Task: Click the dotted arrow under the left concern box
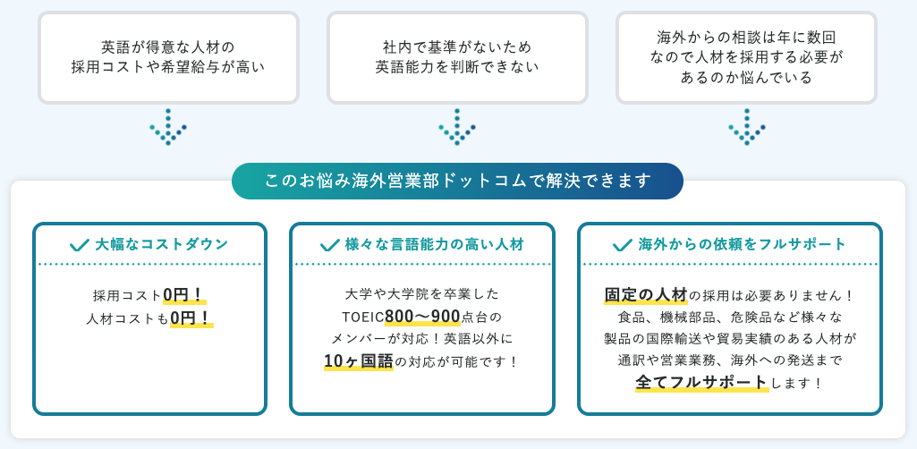click(x=167, y=127)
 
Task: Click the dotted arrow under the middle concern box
click(x=456, y=127)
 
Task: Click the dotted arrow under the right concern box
click(x=746, y=127)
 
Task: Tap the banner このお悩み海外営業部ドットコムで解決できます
click(x=457, y=181)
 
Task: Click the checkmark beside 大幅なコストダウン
click(x=80, y=244)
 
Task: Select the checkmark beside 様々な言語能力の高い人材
click(x=329, y=244)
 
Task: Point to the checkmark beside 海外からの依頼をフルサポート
click(x=623, y=244)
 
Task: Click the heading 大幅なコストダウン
click(x=162, y=244)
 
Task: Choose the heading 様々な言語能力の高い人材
click(x=434, y=244)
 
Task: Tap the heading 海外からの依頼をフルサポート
click(x=743, y=244)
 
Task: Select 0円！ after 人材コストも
click(x=191, y=318)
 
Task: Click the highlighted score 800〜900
click(x=422, y=317)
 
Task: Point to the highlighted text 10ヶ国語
click(x=359, y=361)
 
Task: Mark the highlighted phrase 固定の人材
click(x=646, y=295)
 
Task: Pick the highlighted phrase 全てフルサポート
click(x=701, y=383)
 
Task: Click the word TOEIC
click(x=362, y=318)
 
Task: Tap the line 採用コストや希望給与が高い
click(x=168, y=66)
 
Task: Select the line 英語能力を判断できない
click(x=457, y=66)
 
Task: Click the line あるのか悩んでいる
click(x=746, y=78)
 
